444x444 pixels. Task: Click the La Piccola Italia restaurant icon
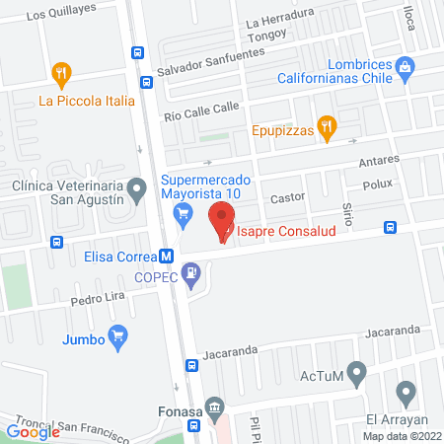click(61, 73)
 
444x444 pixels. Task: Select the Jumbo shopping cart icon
click(118, 335)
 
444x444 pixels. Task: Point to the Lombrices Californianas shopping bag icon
click(404, 66)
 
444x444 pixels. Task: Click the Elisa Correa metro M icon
click(167, 256)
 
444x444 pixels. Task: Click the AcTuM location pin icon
click(358, 373)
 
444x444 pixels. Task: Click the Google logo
click(33, 430)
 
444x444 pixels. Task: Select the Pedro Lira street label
click(95, 298)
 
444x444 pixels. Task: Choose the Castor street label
click(288, 197)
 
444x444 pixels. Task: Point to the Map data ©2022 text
click(402, 435)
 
